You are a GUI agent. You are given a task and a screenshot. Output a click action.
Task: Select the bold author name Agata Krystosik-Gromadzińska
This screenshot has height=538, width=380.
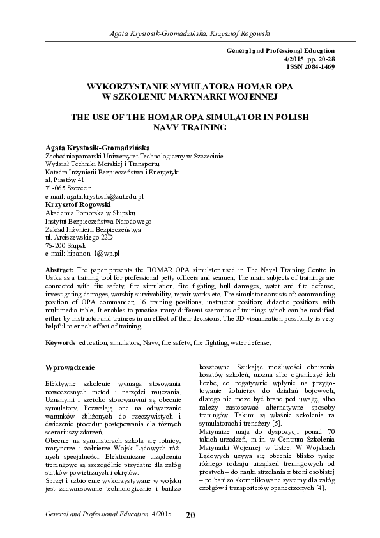click(96, 147)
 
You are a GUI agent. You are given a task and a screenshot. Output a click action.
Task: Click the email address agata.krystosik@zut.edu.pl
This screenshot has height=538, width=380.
click(95, 197)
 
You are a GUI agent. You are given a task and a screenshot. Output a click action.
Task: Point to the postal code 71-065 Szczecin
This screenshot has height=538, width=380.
click(68, 188)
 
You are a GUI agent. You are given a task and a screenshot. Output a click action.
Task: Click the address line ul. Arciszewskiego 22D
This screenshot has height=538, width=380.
click(79, 237)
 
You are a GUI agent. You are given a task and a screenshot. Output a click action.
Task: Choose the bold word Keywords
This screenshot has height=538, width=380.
click(61, 342)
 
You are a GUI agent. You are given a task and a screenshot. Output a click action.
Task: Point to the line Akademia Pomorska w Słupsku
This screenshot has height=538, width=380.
click(89, 213)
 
